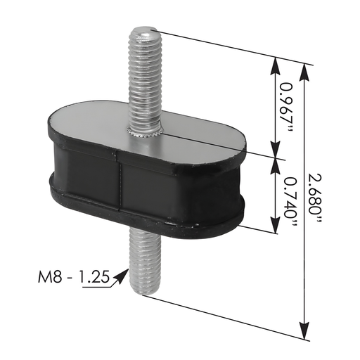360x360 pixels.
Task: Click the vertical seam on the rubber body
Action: point(120,187)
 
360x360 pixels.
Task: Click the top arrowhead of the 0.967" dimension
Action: point(274,62)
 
